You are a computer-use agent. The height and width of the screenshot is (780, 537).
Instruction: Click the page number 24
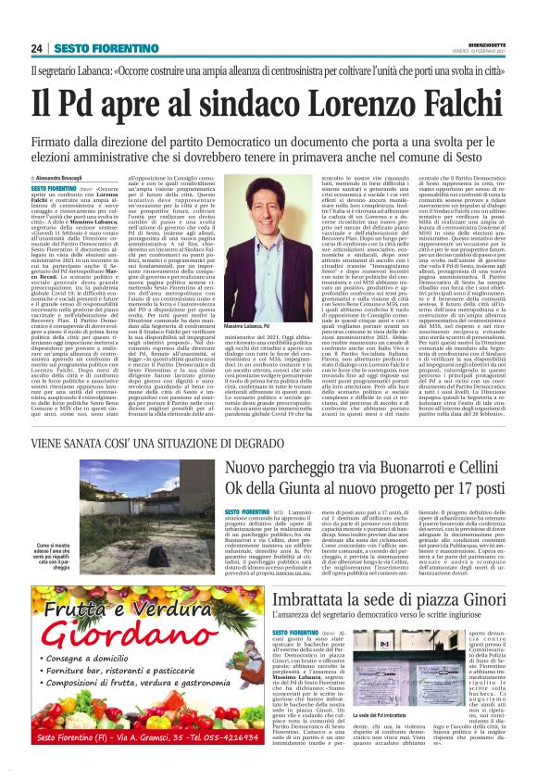click(x=37, y=48)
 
